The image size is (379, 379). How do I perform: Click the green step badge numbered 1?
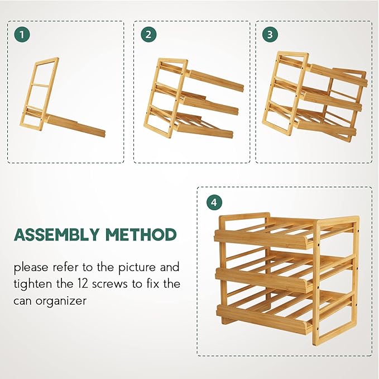pyautogui.click(x=22, y=35)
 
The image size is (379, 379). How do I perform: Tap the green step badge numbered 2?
pyautogui.click(x=148, y=35)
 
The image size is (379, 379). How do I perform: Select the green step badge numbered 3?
pyautogui.click(x=270, y=35)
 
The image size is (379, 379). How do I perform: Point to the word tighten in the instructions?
pyautogui.click(x=32, y=283)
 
